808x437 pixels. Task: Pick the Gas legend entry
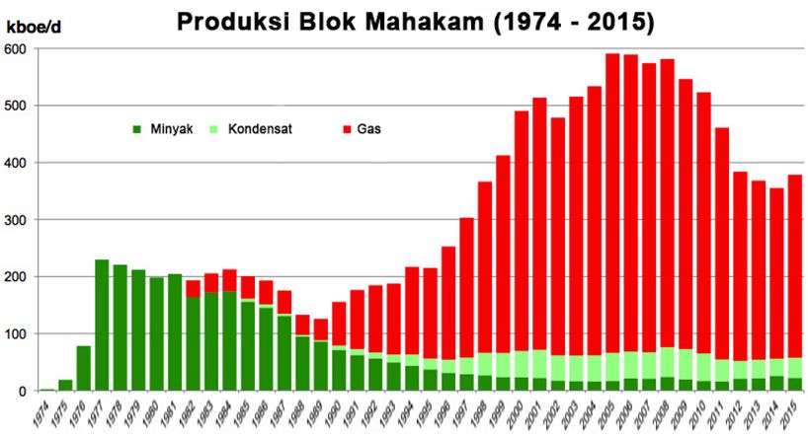[366, 128]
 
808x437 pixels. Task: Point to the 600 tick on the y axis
[16, 49]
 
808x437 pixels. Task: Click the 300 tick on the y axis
[16, 220]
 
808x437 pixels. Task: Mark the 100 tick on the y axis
[16, 334]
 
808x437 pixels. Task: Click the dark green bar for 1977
[102, 326]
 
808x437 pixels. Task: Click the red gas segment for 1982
[194, 289]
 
